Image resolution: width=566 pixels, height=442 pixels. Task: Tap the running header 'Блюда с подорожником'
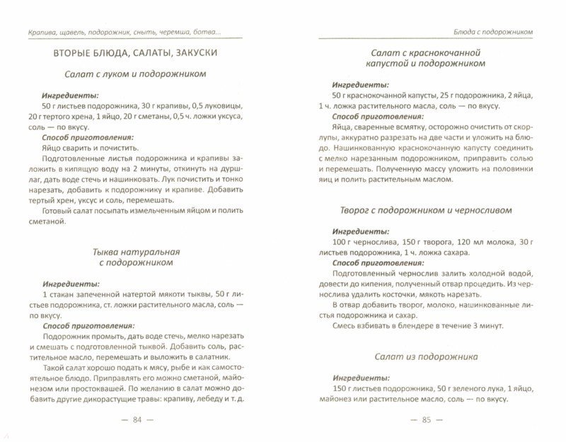pyautogui.click(x=493, y=32)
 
